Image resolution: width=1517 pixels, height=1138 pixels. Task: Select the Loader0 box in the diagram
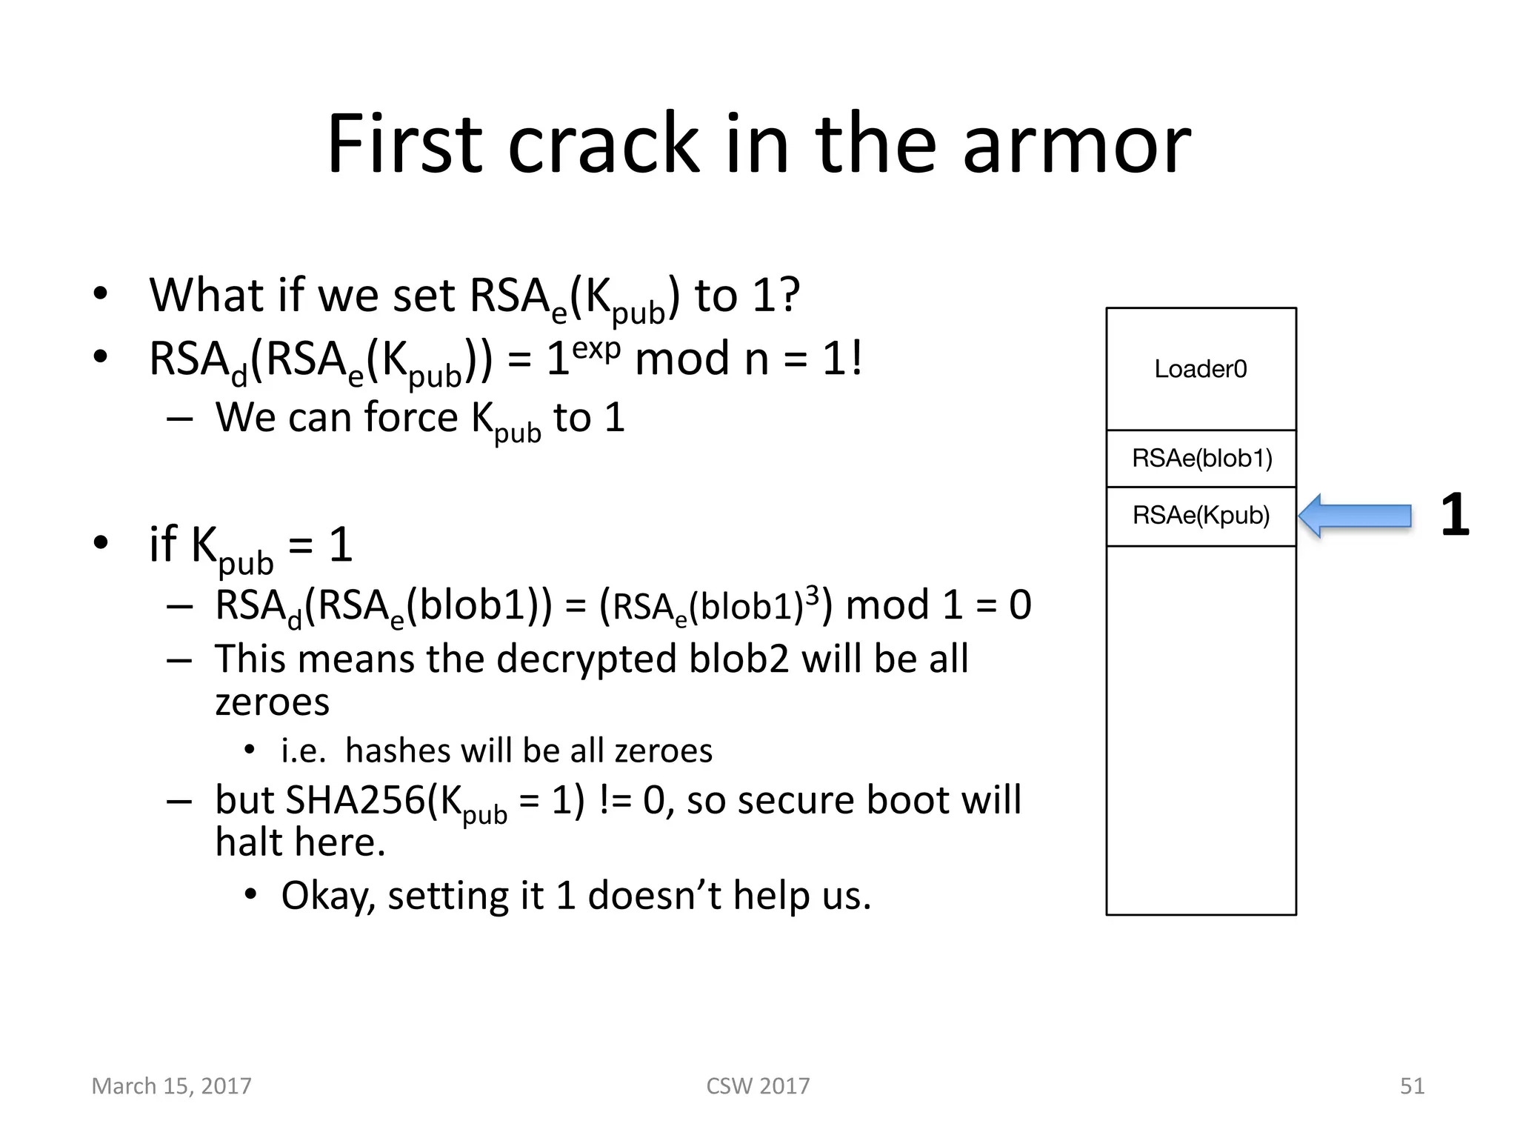point(1201,368)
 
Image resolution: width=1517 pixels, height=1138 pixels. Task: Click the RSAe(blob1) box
point(1201,459)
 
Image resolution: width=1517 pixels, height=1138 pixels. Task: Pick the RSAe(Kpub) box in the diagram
point(1201,516)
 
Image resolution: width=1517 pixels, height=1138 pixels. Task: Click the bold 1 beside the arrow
point(1454,515)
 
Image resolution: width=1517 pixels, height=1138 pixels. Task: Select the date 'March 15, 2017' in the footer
point(171,1085)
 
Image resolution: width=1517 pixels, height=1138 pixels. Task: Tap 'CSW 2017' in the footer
point(758,1085)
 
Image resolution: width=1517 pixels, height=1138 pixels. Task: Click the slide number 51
point(1412,1085)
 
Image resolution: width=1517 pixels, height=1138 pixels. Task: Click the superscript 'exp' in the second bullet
point(596,347)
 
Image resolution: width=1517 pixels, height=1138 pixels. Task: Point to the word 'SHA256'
point(355,801)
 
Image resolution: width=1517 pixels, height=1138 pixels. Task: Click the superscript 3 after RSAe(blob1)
point(812,594)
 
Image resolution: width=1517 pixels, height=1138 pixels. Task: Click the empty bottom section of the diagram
point(1201,730)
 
